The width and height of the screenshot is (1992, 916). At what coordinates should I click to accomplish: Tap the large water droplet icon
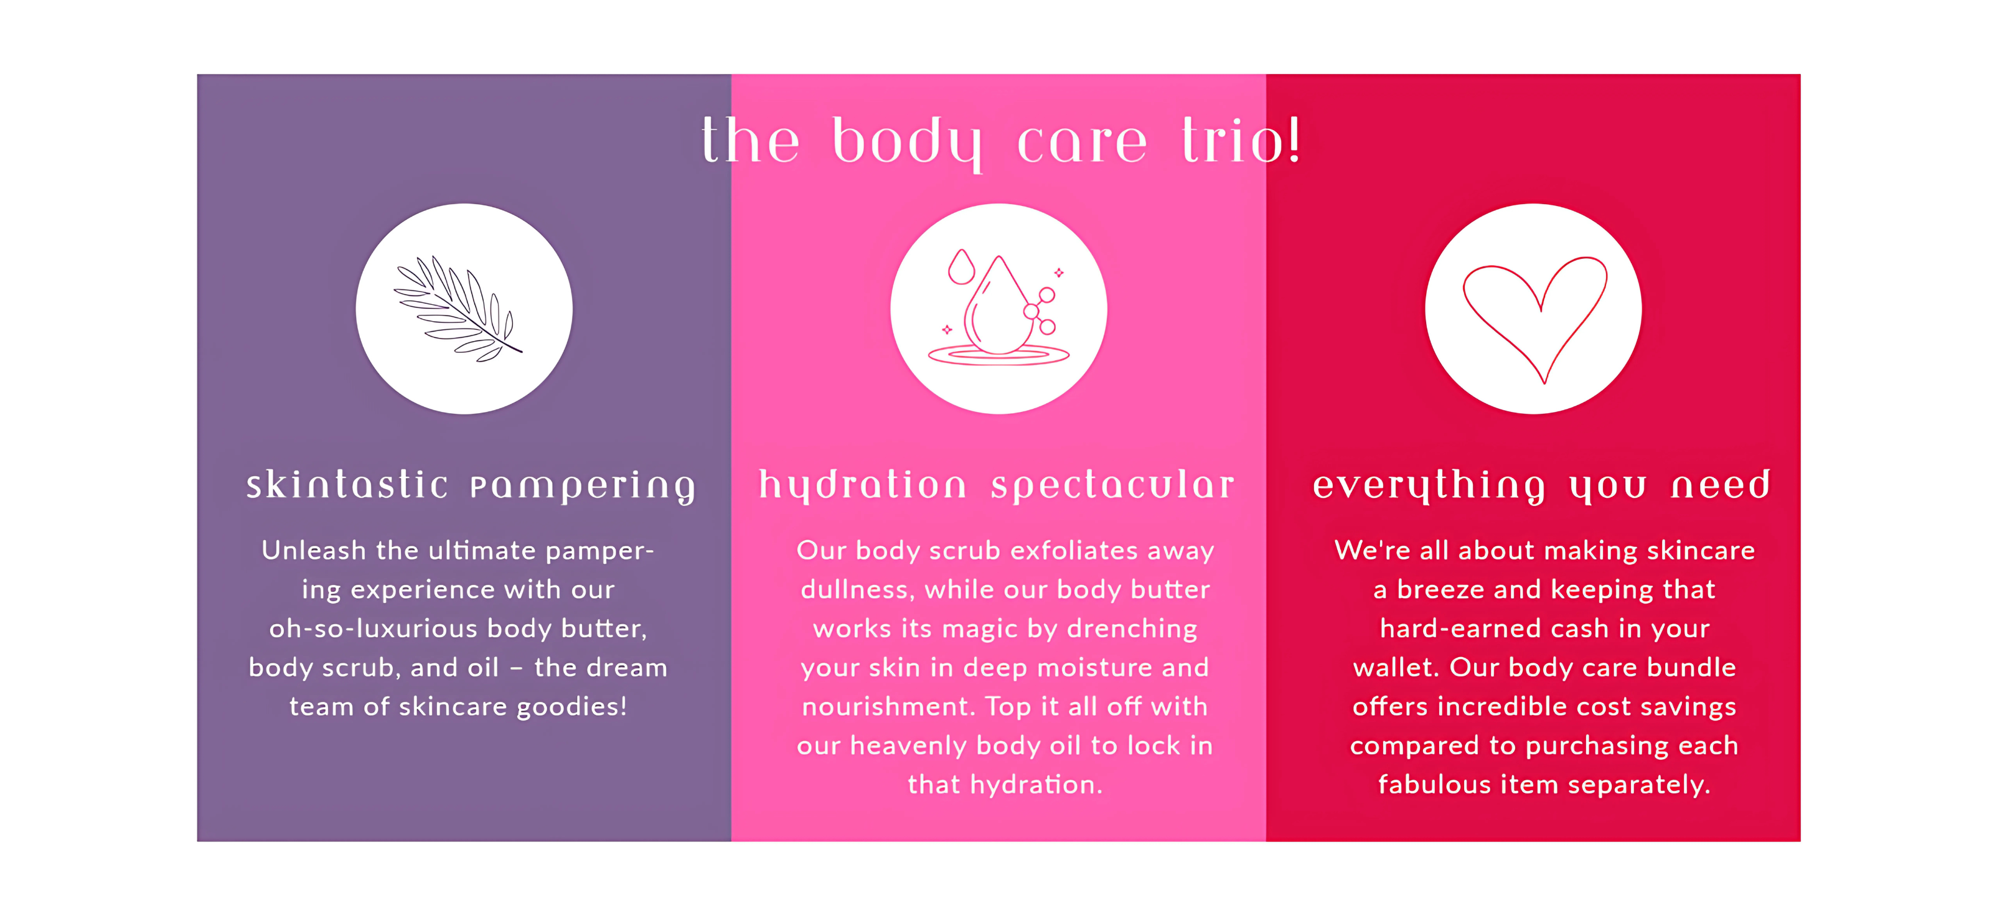997,306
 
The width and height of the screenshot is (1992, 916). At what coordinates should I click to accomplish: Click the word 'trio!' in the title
1241,141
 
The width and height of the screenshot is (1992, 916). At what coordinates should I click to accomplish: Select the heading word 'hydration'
862,486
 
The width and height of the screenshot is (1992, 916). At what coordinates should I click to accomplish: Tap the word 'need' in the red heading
1721,485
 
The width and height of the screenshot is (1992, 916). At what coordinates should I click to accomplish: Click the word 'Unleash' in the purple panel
314,550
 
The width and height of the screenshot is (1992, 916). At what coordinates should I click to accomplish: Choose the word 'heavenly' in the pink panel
909,747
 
